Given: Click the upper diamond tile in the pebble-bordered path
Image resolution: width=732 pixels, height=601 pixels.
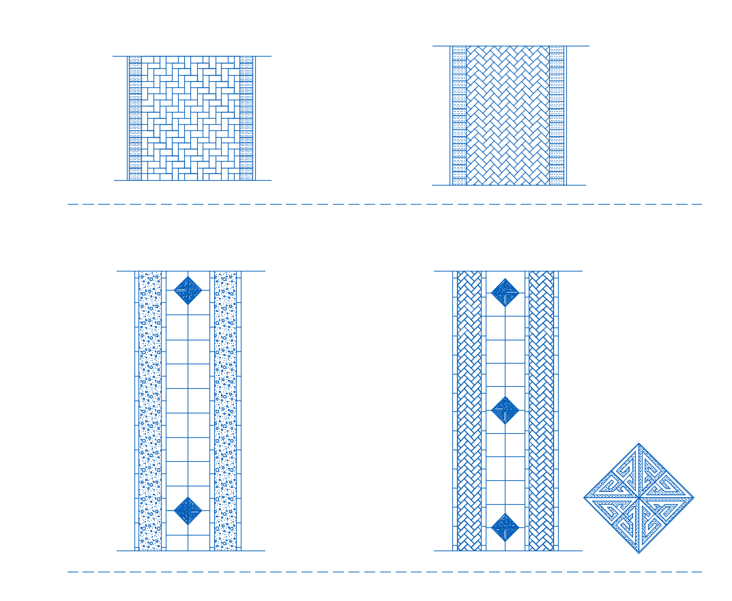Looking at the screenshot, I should click(188, 290).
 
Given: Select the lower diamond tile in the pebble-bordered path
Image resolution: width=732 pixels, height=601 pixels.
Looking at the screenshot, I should click(188, 510).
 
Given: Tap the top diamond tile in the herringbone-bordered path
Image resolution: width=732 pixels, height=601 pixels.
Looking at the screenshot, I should click(505, 293).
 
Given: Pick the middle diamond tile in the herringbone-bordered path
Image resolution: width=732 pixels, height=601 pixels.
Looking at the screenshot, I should click(505, 410).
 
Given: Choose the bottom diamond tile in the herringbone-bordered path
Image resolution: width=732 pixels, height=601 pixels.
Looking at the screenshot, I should click(505, 527).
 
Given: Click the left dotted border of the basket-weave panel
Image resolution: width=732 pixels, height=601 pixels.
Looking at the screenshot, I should click(135, 118).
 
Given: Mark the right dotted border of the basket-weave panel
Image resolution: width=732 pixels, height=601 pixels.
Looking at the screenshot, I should click(246, 118).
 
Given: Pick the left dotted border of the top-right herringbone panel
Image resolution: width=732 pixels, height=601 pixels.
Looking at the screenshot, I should click(459, 115).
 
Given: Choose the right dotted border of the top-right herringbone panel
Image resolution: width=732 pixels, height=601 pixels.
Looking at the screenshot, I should click(557, 115).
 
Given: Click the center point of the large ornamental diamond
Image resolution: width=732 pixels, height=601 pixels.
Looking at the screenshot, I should click(639, 498).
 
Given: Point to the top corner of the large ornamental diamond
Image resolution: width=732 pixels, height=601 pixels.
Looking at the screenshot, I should click(639, 444).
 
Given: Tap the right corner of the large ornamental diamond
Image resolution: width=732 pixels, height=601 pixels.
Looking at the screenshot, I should click(694, 498).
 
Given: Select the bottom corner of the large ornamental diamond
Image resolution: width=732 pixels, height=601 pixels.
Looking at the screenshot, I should click(639, 553).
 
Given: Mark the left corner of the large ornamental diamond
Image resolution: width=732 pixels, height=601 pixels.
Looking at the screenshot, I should click(585, 498).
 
